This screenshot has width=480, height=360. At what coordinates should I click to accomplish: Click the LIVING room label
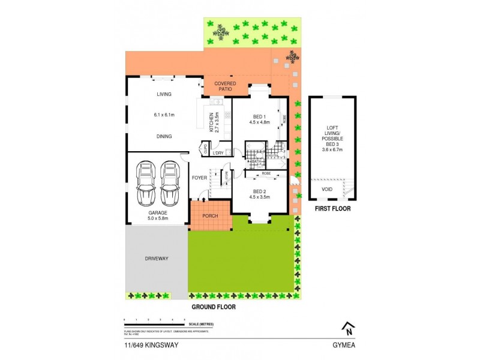pos(164,94)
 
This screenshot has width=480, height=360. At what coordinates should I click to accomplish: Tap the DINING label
pos(164,136)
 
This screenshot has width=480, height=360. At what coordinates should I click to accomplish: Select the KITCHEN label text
pos(211,122)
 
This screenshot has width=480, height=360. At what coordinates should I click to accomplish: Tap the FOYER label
pos(199,178)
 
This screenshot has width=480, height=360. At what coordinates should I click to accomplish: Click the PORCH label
pos(210,217)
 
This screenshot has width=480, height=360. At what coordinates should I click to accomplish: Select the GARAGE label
pos(158,212)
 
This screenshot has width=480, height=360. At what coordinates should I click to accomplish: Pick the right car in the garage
pos(170,182)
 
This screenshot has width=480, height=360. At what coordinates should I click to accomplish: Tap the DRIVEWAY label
pos(156,259)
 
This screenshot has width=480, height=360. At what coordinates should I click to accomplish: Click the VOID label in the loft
pos(326,188)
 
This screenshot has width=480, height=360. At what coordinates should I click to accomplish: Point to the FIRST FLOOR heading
pos(332,209)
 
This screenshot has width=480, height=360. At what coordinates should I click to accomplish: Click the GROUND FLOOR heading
pos(213,307)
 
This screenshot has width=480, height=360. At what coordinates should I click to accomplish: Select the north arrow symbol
pos(347,328)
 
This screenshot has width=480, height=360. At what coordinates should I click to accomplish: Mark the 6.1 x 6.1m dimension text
pos(164,115)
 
